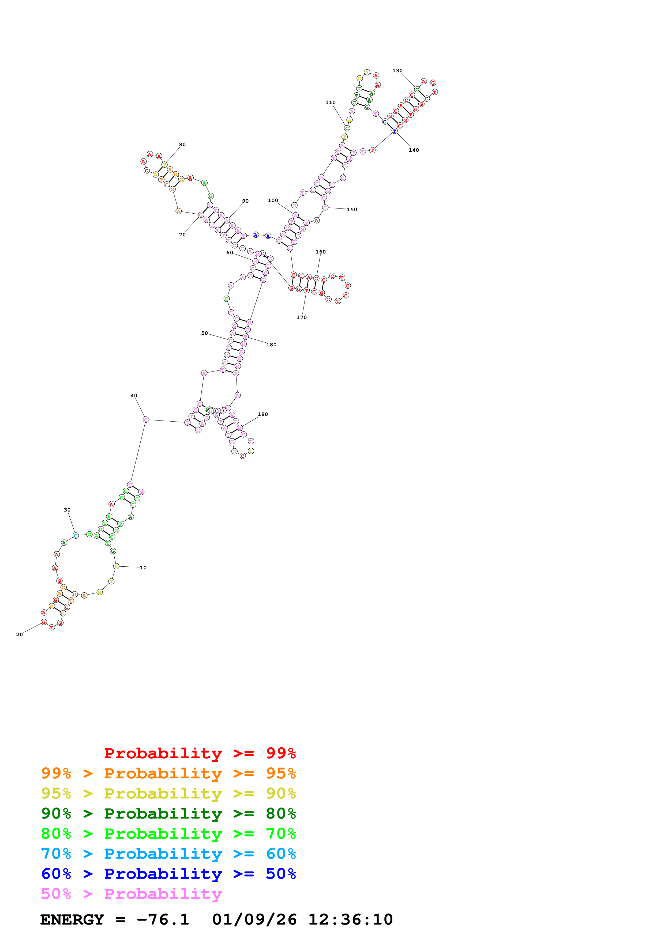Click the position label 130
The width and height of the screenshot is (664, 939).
(x=397, y=71)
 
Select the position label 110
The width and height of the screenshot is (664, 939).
(x=331, y=103)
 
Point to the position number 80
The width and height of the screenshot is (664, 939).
(x=182, y=144)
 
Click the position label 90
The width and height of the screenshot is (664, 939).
(x=245, y=201)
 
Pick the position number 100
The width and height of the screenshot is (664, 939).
(x=273, y=200)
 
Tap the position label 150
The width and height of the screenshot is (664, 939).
(x=352, y=209)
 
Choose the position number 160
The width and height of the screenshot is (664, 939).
(x=321, y=252)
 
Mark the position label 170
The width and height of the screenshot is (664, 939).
(x=302, y=317)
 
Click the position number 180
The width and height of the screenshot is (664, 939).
(x=271, y=345)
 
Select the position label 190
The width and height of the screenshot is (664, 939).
(x=263, y=414)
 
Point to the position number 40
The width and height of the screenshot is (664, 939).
(x=134, y=395)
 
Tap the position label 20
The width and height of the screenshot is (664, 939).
(x=19, y=635)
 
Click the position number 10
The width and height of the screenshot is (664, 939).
(x=143, y=568)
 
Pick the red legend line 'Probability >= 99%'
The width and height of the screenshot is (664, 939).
(x=200, y=753)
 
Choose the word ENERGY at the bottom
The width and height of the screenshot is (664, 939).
(x=72, y=920)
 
